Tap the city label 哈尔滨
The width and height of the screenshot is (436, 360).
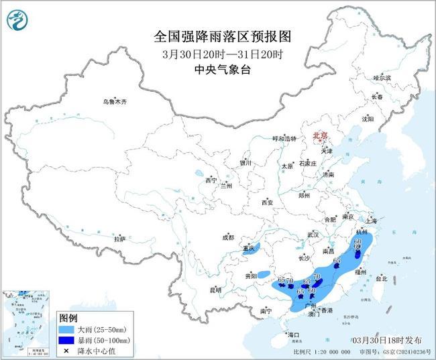coord(381,78)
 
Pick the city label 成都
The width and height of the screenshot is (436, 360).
coord(228,237)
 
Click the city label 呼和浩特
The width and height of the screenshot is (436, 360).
coord(283,138)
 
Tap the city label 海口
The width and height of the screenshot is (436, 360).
coord(293,334)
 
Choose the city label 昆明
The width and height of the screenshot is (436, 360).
coord(215,290)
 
